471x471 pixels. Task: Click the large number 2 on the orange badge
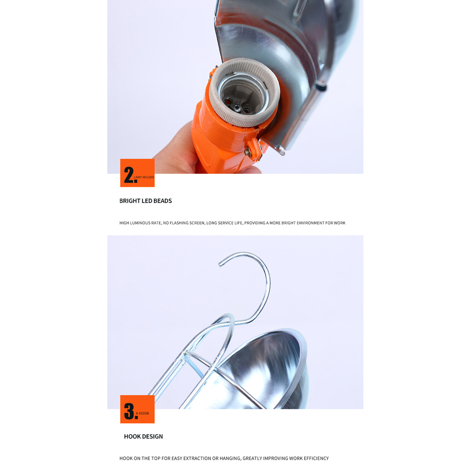click(129, 175)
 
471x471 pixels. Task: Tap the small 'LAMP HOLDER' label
click(144, 177)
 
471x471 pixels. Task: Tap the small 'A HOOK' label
click(142, 413)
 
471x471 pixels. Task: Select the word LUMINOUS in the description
click(140, 223)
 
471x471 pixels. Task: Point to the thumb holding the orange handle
click(250, 170)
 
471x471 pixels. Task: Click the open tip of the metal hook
click(220, 265)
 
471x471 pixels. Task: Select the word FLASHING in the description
click(180, 223)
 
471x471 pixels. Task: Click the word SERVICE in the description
click(226, 223)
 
